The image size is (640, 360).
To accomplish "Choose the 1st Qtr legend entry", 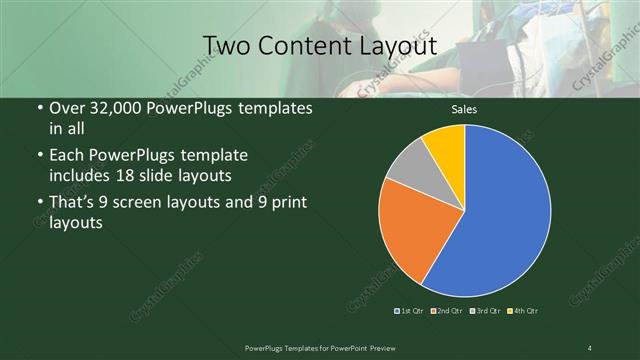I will [x=409, y=311].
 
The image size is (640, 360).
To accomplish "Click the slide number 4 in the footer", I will [x=589, y=347].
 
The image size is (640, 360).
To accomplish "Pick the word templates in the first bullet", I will [x=275, y=108].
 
